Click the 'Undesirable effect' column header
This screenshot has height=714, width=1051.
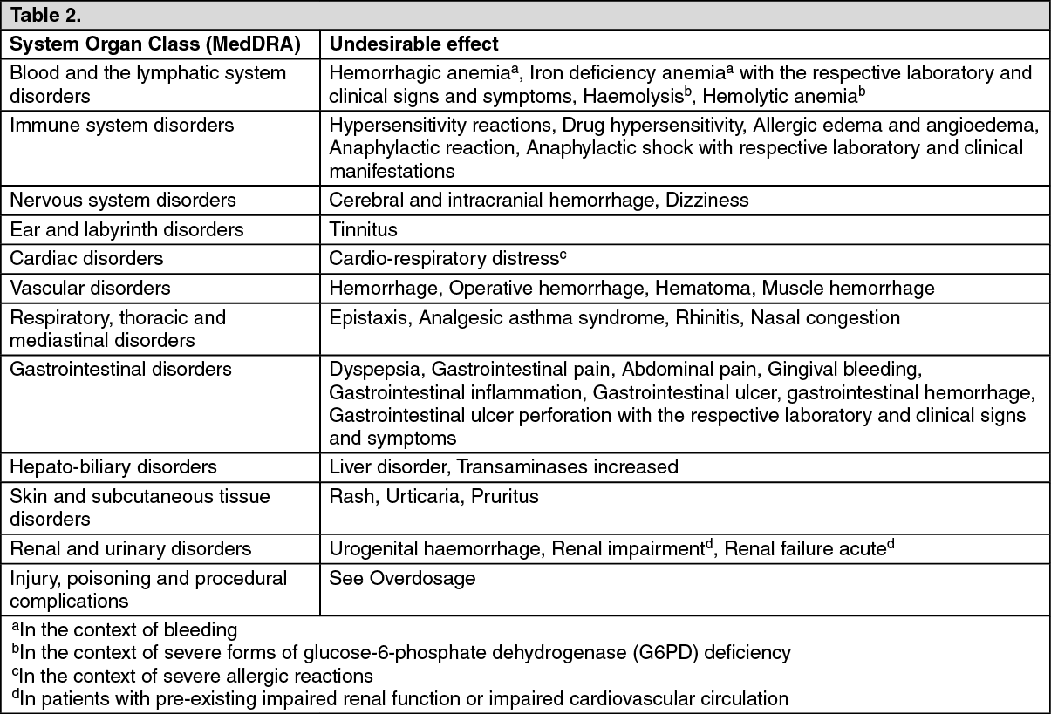click(413, 44)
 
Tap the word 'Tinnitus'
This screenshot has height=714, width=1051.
click(363, 230)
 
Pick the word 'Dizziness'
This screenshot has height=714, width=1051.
click(706, 201)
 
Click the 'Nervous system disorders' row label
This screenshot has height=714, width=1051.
click(122, 201)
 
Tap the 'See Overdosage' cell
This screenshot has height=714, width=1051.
click(401, 579)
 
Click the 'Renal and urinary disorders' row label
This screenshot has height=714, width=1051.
click(130, 549)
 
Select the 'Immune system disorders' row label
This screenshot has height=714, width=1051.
click(121, 125)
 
